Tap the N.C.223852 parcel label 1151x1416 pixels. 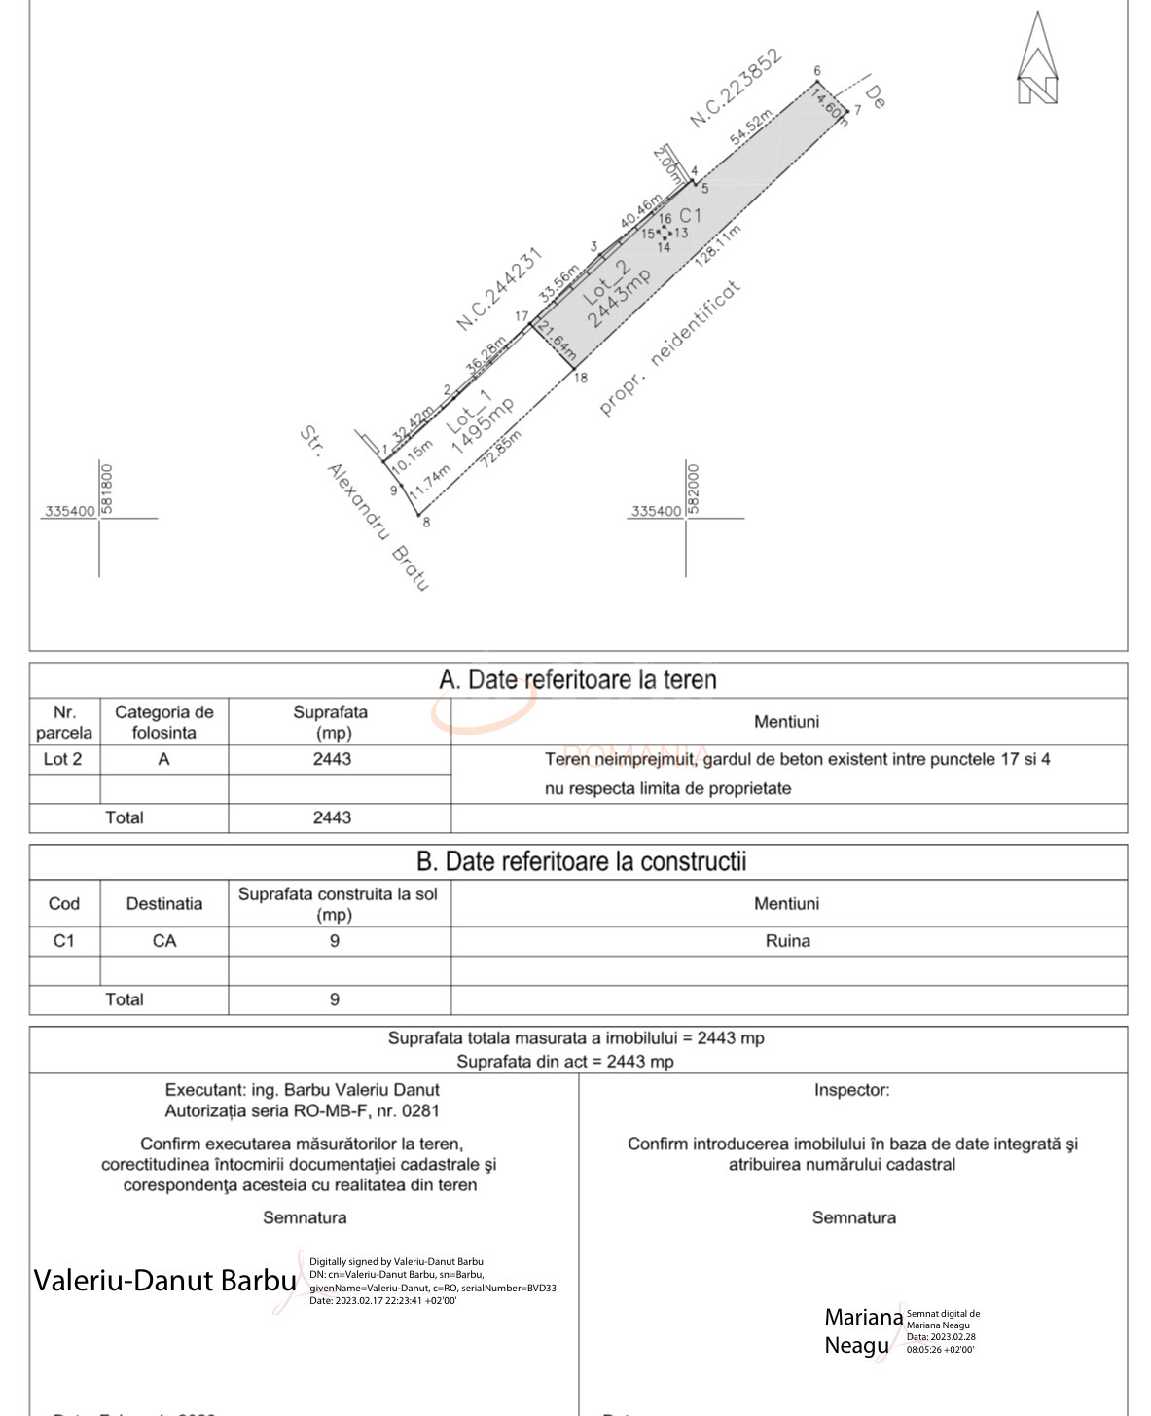pos(736,89)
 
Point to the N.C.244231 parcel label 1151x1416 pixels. pos(499,289)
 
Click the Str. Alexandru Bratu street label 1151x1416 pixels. pos(364,507)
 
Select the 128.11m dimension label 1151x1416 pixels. pos(718,245)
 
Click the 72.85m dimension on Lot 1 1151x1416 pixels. pos(501,449)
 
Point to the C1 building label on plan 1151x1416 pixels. pos(690,215)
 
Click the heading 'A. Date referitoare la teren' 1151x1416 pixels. pos(578,679)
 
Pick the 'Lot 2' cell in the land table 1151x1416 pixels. pos(63,759)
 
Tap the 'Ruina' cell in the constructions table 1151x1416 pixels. pos(787,941)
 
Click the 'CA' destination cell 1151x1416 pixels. pos(163,941)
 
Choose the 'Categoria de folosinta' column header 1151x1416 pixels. pos(163,722)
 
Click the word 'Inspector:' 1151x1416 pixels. pos(851,1090)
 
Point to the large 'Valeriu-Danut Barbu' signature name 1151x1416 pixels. pos(164,1280)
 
